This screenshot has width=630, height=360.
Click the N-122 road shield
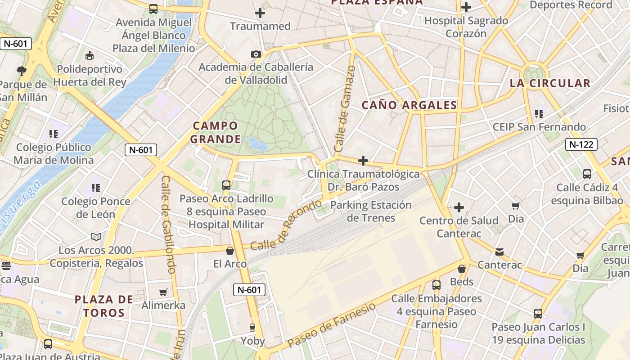(x=581, y=144)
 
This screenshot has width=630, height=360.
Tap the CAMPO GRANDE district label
(x=216, y=132)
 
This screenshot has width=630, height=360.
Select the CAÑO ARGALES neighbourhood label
(x=409, y=105)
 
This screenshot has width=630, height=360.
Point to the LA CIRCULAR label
(x=550, y=83)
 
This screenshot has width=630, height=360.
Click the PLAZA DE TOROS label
(x=104, y=306)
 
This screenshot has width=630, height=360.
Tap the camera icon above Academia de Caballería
(x=256, y=54)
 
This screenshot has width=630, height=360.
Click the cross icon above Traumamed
(x=260, y=13)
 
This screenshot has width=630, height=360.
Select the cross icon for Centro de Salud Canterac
(x=459, y=207)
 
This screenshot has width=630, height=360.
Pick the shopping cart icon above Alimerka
(x=163, y=292)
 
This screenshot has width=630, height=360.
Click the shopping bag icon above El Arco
(x=230, y=251)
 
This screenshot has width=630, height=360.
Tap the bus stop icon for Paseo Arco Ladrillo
(x=226, y=185)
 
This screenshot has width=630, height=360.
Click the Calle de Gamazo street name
(x=345, y=108)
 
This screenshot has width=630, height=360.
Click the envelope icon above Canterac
(x=499, y=252)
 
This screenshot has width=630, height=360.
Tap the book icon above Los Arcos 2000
(x=96, y=237)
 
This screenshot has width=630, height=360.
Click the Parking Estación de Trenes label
(x=371, y=211)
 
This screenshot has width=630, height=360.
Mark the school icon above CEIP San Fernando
(x=539, y=114)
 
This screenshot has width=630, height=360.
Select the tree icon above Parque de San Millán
(x=21, y=71)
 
